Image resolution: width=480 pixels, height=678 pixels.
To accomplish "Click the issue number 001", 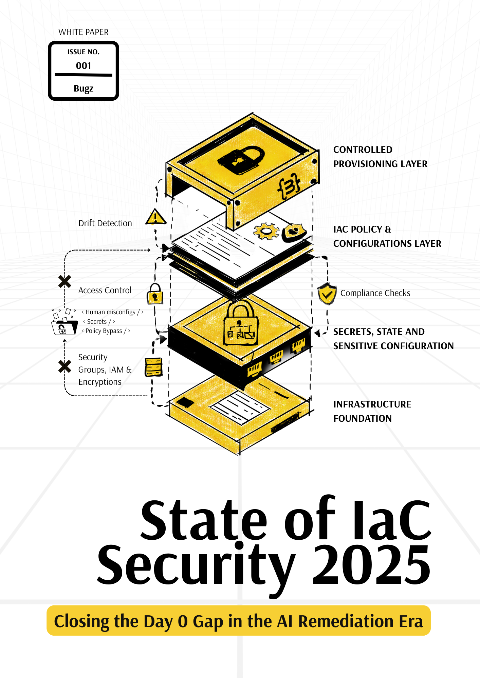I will (84, 66).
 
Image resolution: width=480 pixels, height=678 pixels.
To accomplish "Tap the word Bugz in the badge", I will (84, 88).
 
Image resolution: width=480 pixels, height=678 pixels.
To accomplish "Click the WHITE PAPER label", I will (84, 32).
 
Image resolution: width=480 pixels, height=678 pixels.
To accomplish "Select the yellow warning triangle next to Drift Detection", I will (155, 217).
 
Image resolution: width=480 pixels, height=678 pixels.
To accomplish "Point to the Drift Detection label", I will (105, 223).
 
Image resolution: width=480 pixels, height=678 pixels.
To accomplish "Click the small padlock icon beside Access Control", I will (155, 294).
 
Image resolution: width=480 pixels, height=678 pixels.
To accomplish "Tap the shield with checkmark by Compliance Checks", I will (327, 293).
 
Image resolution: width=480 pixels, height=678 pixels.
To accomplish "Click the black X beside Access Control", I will (64, 281).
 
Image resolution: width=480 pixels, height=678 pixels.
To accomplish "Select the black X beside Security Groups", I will (64, 366).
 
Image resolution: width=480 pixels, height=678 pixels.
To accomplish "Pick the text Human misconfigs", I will (110, 312).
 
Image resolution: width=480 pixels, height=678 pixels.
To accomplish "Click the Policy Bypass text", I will (104, 331).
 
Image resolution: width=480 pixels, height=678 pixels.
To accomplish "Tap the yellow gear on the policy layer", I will (266, 231).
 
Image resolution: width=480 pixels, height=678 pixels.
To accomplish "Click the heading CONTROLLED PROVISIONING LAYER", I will (380, 157).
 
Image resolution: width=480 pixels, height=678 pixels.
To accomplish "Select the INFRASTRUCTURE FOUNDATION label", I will (372, 411).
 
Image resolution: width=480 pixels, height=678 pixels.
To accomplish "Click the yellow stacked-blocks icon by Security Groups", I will (154, 367).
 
